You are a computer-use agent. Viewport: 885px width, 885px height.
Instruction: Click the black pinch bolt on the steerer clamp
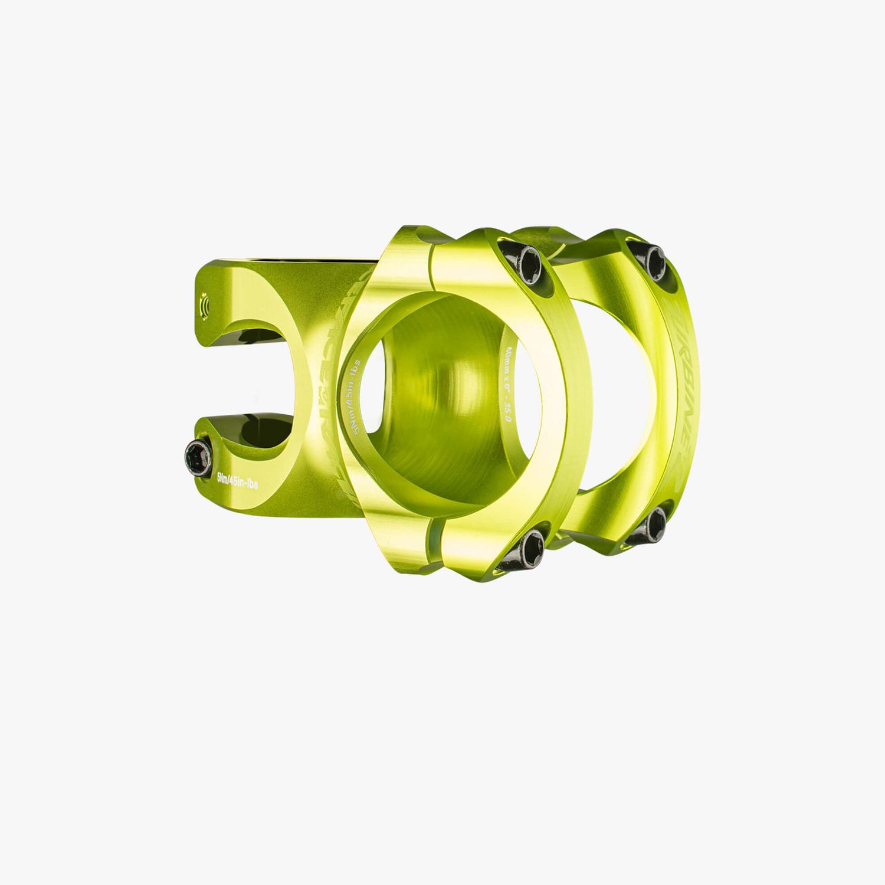196,455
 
